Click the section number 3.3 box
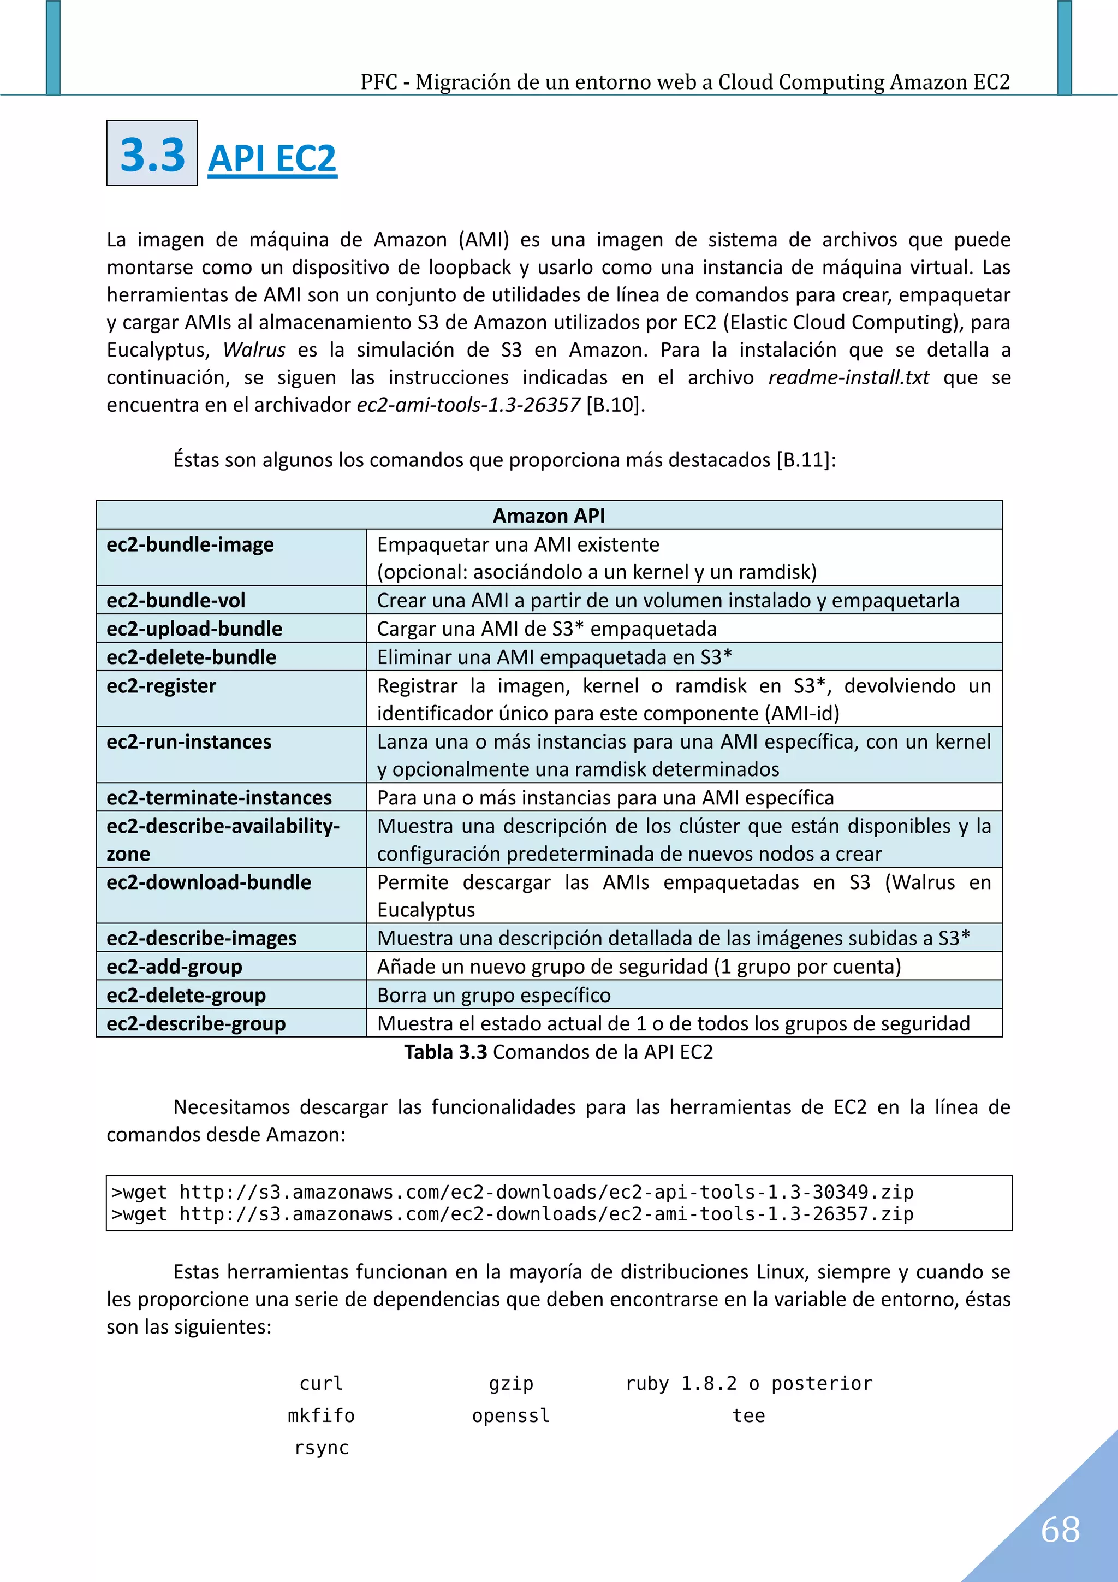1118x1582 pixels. (x=152, y=153)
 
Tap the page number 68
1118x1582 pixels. (x=1060, y=1529)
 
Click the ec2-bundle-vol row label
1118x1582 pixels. (x=176, y=600)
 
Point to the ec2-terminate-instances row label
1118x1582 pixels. (x=218, y=797)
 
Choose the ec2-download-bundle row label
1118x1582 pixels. (x=209, y=882)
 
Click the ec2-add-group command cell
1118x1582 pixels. (x=174, y=967)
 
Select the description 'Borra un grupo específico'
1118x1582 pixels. (x=493, y=995)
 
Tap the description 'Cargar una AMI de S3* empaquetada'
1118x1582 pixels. (x=546, y=629)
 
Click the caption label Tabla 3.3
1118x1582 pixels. (x=445, y=1052)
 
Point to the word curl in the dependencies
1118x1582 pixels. (x=321, y=1383)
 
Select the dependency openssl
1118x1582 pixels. (x=510, y=1415)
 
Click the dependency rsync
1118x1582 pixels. (x=321, y=1447)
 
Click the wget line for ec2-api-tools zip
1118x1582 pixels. (x=513, y=1192)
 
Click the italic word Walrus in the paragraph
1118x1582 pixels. (x=253, y=350)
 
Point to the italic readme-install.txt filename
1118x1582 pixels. (x=848, y=377)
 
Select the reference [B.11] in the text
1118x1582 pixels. (x=804, y=460)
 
